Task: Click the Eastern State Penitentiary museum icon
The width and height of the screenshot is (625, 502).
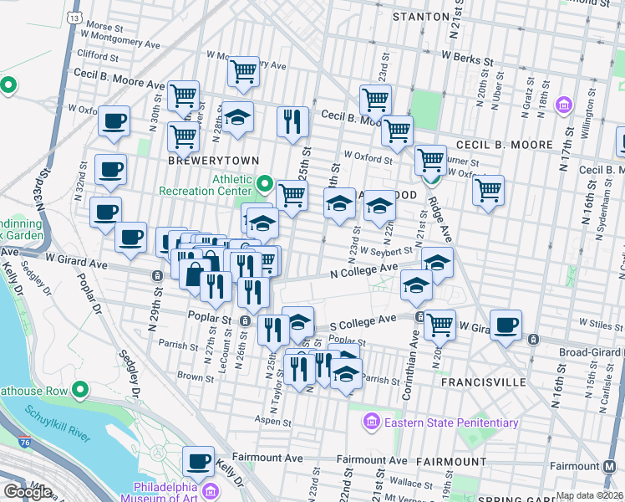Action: coord(373,423)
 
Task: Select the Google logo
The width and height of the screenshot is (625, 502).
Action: coord(27,492)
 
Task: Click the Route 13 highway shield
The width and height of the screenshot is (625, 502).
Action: coord(75,17)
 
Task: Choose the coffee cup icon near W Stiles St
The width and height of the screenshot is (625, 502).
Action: coord(506,325)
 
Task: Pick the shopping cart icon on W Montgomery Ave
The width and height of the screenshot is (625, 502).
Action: coord(243,72)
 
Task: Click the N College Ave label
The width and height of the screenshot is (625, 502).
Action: coord(363,269)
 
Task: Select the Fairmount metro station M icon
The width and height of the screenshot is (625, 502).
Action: coord(616,466)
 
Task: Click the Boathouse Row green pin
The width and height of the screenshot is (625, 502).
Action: coord(80,389)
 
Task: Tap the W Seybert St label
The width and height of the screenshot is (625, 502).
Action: coord(388,249)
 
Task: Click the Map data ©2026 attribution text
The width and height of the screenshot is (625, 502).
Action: coord(589,495)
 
